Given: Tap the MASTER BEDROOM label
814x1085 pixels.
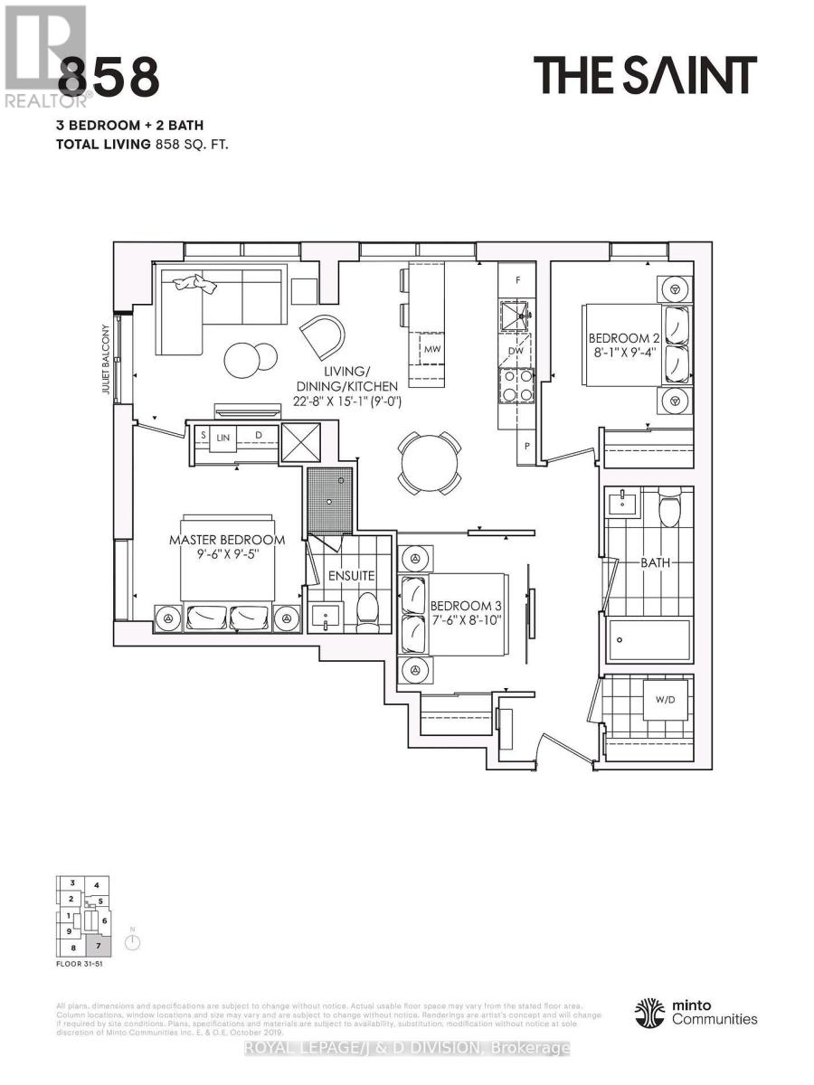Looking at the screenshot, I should point(227,540).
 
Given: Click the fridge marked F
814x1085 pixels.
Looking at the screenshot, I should point(518,280).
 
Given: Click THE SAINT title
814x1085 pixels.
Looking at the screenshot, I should point(644,75).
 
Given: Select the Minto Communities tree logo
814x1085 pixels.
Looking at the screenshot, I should point(651,1012).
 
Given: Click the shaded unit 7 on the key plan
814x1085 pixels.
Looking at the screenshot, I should point(99,947).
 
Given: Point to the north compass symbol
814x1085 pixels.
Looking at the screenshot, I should point(133,942).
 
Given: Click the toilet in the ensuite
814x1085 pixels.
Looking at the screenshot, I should point(368,610).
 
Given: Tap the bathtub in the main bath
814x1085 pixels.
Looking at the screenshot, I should point(649,640).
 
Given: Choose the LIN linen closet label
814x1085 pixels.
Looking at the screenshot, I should point(223,436).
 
